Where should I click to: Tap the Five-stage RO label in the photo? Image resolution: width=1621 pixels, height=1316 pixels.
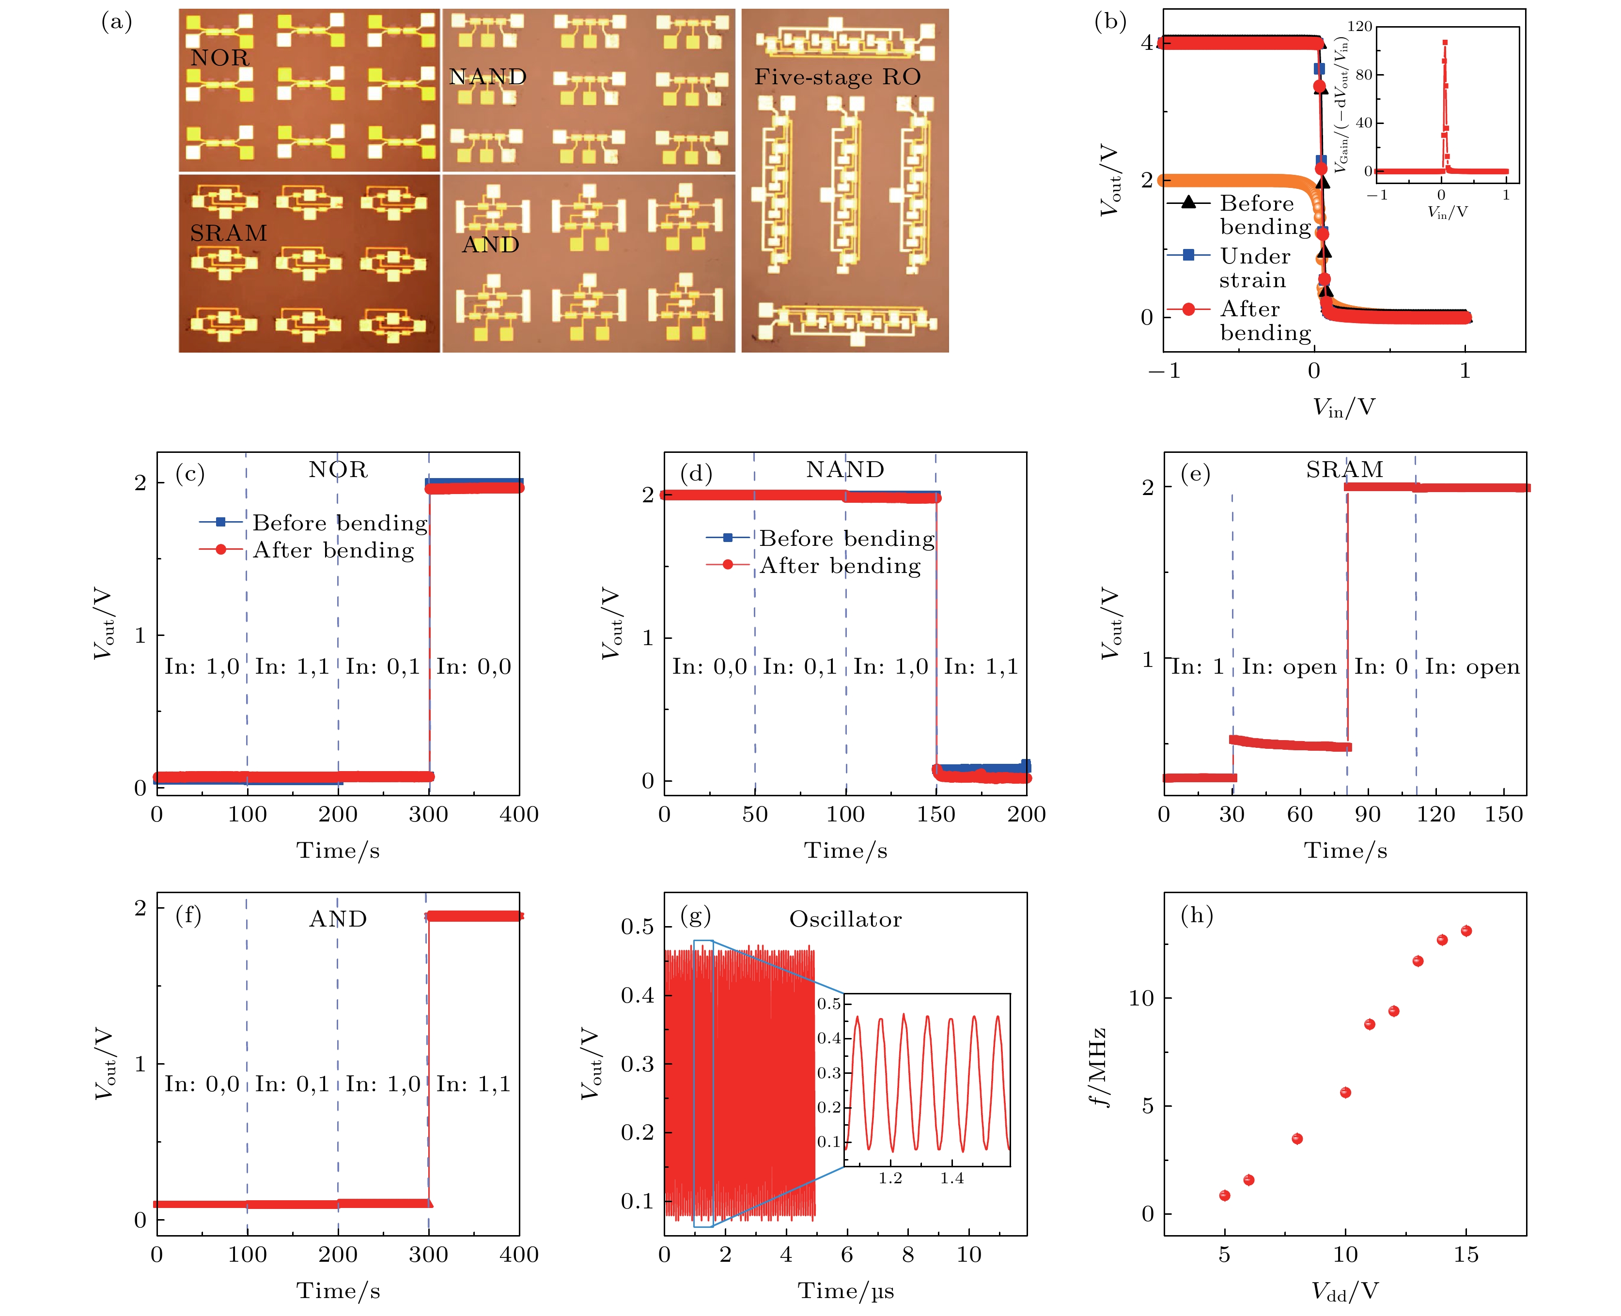coord(837,77)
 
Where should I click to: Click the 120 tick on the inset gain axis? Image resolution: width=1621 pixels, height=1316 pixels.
coord(1359,27)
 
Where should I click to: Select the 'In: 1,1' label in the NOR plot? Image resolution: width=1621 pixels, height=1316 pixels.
coord(292,666)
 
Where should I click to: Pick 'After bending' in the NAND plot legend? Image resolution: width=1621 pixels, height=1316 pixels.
coord(840,566)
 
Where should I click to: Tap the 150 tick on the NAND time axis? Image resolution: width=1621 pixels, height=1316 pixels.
coord(935,814)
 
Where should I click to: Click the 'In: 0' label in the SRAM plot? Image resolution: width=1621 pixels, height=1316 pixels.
coord(1381,666)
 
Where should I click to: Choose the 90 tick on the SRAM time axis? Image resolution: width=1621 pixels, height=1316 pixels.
coord(1368,814)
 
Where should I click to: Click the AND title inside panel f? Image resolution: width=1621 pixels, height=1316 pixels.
coord(338,919)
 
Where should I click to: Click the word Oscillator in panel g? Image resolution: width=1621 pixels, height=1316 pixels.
coord(845,919)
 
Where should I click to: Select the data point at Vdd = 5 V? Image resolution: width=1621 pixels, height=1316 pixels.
coord(1224,1195)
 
